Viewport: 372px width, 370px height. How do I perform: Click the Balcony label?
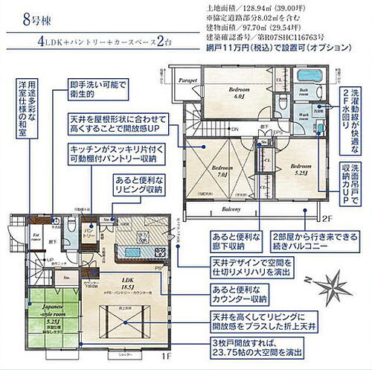tap(231, 210)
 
